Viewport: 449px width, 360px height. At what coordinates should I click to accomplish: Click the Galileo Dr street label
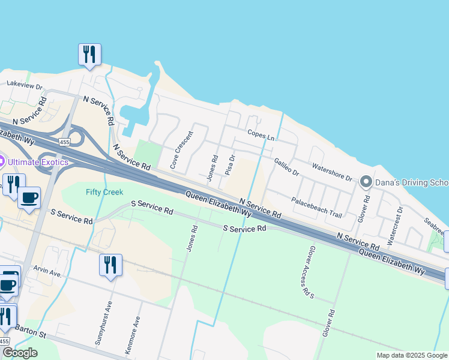(x=286, y=166)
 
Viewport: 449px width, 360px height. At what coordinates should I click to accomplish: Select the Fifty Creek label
(x=104, y=192)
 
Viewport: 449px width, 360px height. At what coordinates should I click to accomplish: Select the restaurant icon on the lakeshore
(x=89, y=55)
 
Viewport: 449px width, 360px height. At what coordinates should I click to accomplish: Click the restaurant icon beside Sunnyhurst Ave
(x=110, y=265)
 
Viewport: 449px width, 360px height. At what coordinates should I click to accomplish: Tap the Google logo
(x=20, y=353)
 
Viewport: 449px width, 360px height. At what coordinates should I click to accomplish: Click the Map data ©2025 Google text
(x=412, y=355)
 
